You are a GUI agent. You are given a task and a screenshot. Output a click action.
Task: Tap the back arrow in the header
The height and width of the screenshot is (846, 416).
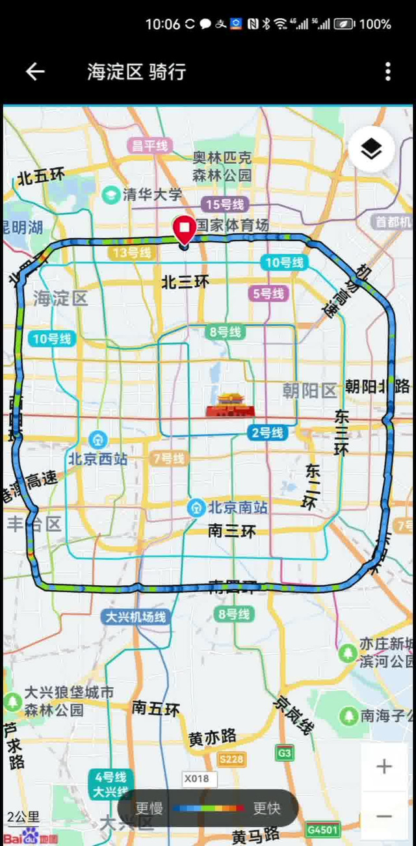[35, 72]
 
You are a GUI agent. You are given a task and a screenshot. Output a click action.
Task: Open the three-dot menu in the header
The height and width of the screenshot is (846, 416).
[387, 72]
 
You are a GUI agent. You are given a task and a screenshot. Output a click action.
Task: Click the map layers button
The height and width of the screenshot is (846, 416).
[371, 150]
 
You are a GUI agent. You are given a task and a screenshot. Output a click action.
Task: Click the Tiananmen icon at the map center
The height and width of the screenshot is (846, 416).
[228, 405]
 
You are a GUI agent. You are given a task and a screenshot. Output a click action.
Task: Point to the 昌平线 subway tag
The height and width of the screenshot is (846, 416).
[150, 146]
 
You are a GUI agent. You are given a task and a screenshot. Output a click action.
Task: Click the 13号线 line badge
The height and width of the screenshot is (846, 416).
[132, 252]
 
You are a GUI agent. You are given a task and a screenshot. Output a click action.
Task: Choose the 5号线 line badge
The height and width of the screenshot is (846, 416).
[268, 293]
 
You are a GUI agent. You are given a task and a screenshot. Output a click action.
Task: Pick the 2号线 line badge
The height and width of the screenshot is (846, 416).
[267, 432]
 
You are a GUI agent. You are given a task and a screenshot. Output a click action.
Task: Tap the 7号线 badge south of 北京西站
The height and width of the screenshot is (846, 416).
[168, 458]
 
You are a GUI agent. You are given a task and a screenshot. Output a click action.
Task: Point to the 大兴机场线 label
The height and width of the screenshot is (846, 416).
[136, 616]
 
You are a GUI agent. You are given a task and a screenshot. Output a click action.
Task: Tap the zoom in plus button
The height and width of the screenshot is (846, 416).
[384, 767]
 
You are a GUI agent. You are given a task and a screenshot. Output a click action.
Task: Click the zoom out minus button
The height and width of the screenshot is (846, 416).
[384, 816]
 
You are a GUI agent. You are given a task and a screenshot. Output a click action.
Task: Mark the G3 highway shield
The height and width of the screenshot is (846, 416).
[284, 753]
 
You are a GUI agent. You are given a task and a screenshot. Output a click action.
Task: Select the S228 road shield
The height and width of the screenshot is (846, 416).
[231, 760]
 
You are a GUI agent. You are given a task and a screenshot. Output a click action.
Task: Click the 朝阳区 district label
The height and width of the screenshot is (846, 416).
[309, 390]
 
